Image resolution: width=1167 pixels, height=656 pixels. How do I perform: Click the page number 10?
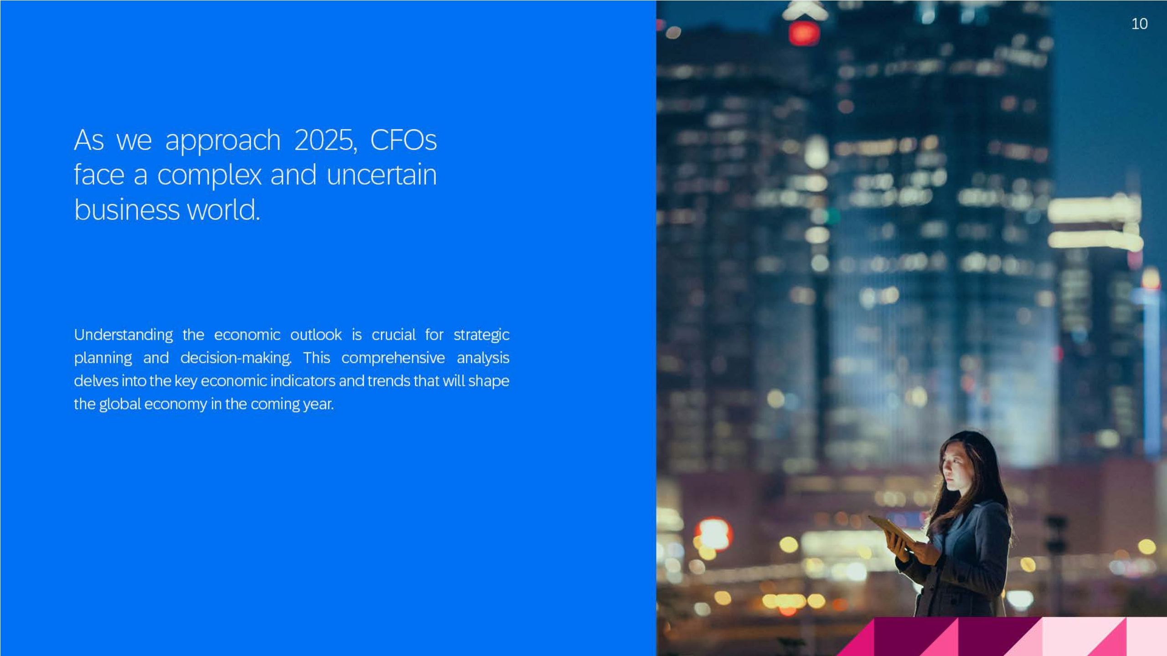coord(1139,24)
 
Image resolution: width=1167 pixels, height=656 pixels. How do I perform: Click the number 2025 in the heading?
coord(324,140)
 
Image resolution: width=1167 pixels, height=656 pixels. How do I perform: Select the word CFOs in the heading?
coord(403,140)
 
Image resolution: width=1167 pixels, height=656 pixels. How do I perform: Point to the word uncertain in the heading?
coord(382,175)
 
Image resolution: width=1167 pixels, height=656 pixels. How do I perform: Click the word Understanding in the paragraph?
coord(124,335)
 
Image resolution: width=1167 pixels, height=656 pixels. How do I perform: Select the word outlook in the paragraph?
coord(316,335)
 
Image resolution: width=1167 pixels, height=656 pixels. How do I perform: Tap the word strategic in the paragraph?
coord(481,335)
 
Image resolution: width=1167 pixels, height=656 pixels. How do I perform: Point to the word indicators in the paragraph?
coord(303,381)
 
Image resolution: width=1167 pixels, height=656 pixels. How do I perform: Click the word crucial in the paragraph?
coord(393,335)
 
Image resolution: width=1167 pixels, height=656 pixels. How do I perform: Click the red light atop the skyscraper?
coord(804,33)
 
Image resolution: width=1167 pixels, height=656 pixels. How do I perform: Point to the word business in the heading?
coord(127,210)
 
